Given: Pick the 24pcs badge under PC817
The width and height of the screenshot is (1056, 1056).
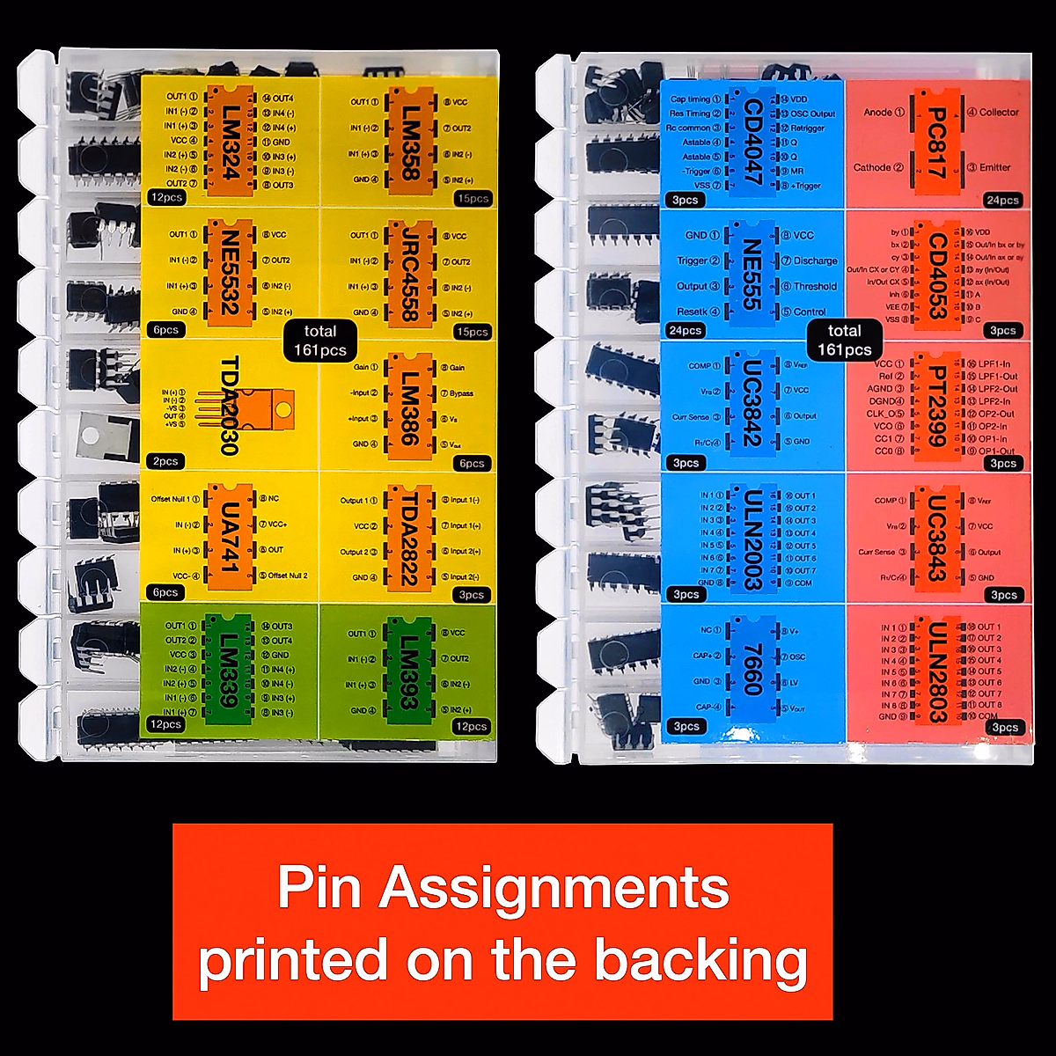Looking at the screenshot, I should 1002,201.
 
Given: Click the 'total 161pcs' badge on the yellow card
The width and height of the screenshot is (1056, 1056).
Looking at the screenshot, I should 319,340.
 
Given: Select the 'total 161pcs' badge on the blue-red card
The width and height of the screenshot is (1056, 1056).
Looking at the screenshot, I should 844,340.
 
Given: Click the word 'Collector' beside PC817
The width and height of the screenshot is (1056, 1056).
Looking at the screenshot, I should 999,113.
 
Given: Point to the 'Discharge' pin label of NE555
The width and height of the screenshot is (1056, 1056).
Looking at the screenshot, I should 815,261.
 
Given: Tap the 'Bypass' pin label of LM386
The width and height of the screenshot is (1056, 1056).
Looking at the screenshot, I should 461,393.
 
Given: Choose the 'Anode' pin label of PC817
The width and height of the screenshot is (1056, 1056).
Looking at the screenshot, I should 878,113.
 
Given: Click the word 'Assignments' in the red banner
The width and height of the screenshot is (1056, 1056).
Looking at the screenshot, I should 554,889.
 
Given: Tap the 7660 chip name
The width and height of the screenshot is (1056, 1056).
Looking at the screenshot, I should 751,669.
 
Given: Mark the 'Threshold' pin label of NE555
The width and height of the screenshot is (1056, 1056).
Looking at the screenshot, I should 815,287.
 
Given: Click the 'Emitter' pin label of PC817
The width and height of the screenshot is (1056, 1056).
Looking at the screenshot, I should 990,167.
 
